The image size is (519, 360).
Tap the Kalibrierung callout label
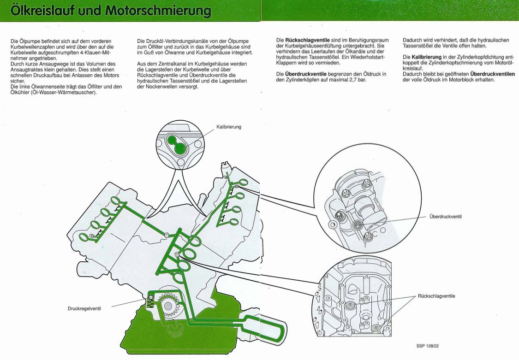coord(229,127)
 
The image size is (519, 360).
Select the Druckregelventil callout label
coord(84,309)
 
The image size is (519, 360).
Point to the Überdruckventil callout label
coord(445,216)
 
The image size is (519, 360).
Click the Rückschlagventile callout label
coord(436,296)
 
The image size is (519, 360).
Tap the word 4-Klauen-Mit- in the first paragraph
coord(91,52)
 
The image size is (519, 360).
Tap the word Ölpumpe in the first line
coord(27,41)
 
